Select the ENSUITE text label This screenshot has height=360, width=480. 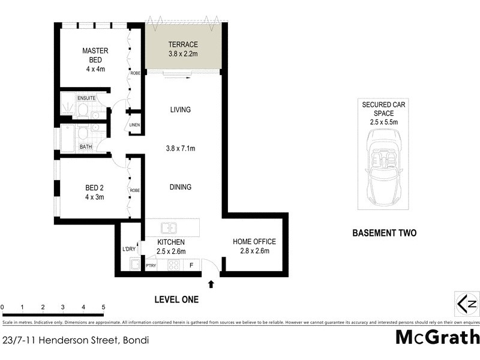pyautogui.click(x=86, y=98)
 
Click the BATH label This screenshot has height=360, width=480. pyautogui.click(x=86, y=146)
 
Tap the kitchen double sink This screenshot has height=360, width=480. pyautogui.click(x=169, y=229)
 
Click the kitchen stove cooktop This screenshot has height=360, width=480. pyautogui.click(x=173, y=264)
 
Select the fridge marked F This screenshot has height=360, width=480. pyautogui.click(x=191, y=265)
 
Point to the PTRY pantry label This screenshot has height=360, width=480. pyautogui.click(x=151, y=265)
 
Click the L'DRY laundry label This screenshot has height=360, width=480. pyautogui.click(x=129, y=249)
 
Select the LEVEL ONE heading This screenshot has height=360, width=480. pyautogui.click(x=176, y=299)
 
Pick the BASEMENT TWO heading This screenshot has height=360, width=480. pyautogui.click(x=384, y=233)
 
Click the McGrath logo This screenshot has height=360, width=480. pyautogui.click(x=436, y=338)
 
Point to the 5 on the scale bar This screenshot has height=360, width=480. pyautogui.click(x=104, y=307)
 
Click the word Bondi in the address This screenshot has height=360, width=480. pyautogui.click(x=136, y=340)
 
